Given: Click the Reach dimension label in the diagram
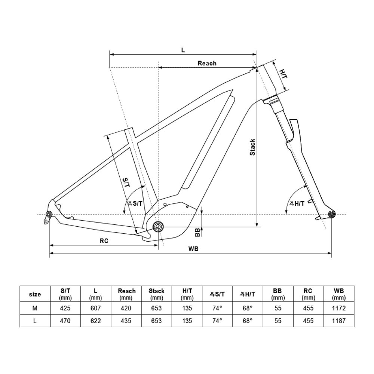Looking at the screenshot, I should tap(207, 63).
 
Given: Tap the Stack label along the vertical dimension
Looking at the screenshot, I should tap(252, 147).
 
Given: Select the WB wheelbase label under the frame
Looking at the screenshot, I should tap(193, 249).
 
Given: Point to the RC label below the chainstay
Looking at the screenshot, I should tap(104, 241).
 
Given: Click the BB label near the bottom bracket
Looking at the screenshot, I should tap(197, 233).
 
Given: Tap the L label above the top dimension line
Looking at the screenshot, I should tap(183, 50).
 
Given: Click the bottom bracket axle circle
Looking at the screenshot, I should tap(158, 226).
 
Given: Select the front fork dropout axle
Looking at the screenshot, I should tap(331, 214).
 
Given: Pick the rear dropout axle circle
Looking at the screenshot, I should tap(49, 214).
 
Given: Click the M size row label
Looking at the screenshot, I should tap(35, 309).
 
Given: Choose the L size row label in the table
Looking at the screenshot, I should tap(35, 321).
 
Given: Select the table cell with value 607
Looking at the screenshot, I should tap(96, 309).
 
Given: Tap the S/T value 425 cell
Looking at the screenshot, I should tap(65, 309).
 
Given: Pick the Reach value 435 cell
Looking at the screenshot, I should tap(126, 321).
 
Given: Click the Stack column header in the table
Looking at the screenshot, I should tap(156, 294).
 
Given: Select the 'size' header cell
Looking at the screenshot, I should tap(35, 294).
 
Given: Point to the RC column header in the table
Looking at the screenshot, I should tap(308, 294).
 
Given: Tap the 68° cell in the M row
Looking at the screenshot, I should tap(247, 309).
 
